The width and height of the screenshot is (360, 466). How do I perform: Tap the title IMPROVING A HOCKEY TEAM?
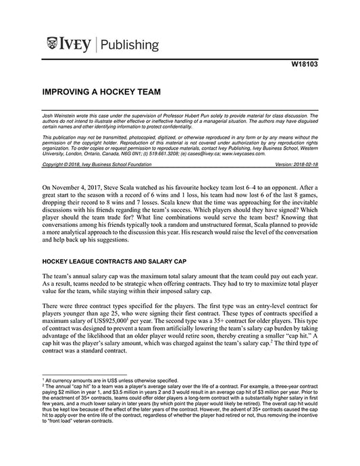(x=101, y=90)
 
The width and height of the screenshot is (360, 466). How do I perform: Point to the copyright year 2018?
(x=73, y=164)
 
